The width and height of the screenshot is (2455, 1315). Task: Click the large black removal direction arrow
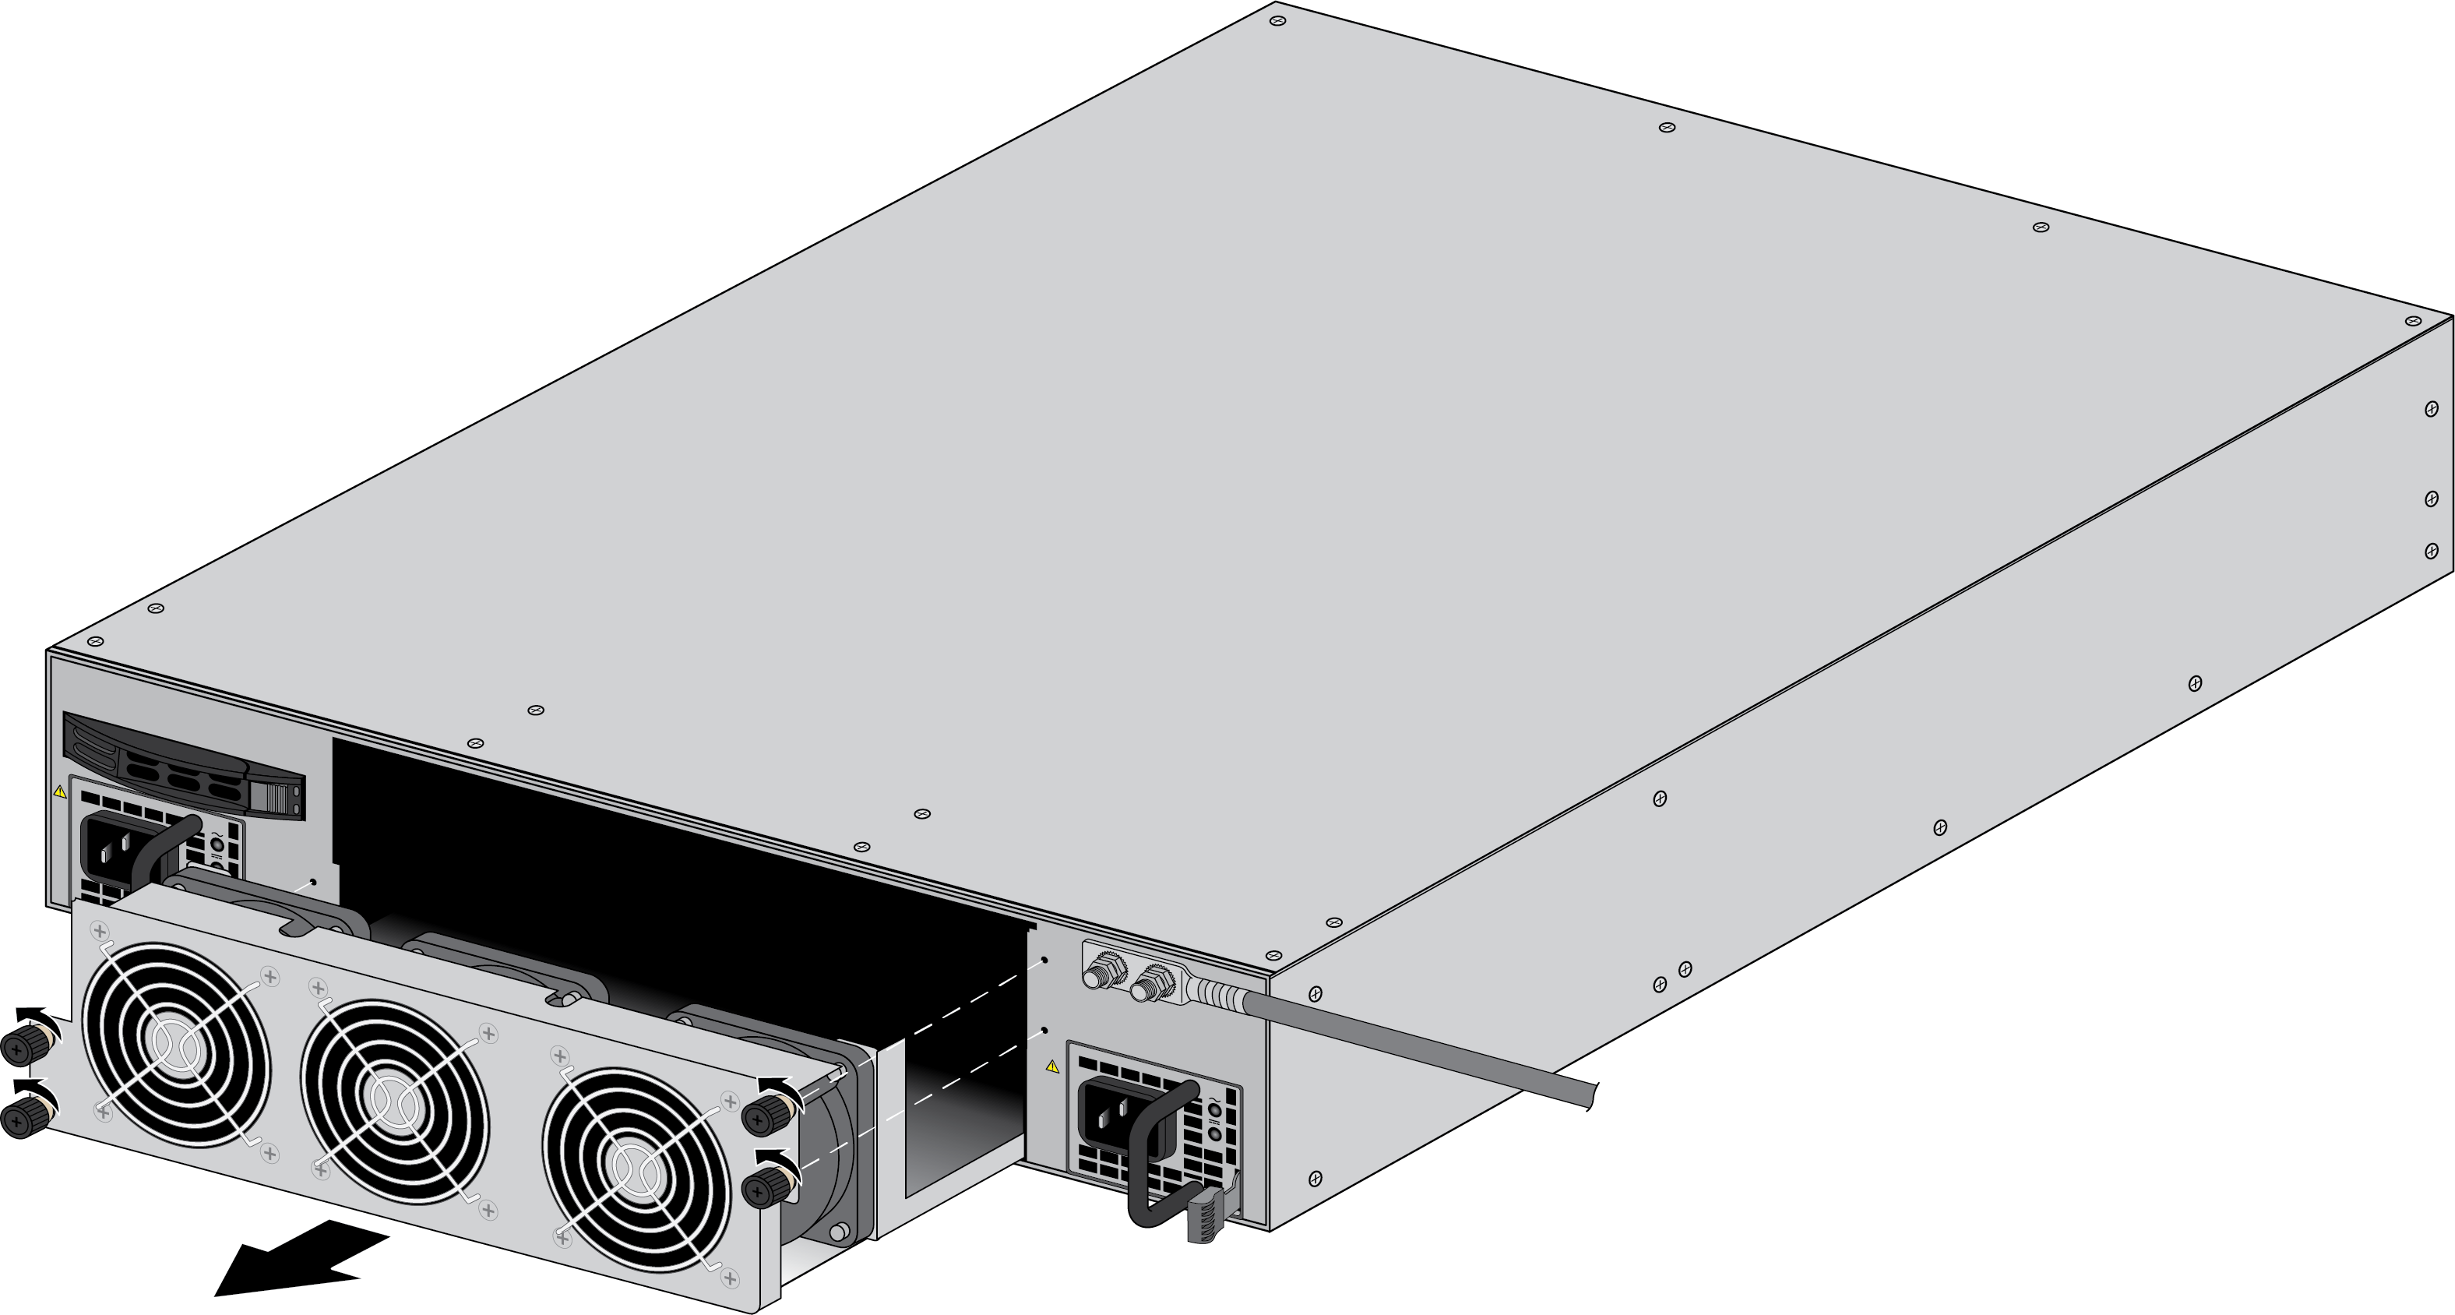click(295, 1260)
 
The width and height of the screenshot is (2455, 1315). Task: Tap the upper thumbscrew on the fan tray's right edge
click(764, 1111)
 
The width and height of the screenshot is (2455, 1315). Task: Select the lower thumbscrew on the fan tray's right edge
click(763, 1188)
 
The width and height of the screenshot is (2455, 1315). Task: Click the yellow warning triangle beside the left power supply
click(60, 791)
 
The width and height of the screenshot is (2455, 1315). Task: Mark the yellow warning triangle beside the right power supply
click(1052, 1066)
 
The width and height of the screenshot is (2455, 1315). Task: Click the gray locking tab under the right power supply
click(1206, 1220)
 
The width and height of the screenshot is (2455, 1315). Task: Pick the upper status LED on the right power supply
click(1213, 1109)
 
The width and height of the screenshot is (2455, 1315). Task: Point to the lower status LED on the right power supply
click(1213, 1134)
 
